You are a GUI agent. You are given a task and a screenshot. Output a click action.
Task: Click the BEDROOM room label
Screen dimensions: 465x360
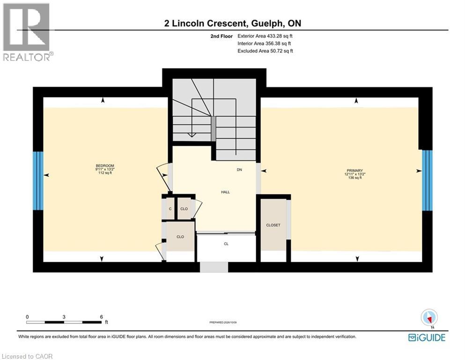(x=105, y=165)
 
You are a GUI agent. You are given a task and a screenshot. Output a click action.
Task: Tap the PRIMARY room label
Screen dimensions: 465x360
(x=354, y=170)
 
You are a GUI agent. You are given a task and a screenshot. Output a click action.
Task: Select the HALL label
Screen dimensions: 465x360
(x=225, y=192)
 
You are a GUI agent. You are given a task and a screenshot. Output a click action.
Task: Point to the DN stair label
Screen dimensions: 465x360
(x=239, y=170)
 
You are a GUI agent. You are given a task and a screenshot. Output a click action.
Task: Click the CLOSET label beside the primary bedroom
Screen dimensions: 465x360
(x=273, y=225)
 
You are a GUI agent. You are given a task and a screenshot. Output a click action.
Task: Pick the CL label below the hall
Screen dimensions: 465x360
(x=226, y=244)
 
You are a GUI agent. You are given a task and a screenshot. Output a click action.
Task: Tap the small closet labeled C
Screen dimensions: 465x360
(x=170, y=209)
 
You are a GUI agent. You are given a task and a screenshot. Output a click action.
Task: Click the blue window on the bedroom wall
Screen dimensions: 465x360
(x=38, y=181)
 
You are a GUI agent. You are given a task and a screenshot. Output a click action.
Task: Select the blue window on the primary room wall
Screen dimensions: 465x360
(x=427, y=180)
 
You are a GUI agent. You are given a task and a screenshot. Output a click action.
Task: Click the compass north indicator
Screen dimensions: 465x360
(x=429, y=318)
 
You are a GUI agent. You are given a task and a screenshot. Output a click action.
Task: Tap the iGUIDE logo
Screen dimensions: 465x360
(x=427, y=338)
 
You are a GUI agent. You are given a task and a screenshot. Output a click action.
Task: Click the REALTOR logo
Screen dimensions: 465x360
(x=27, y=32)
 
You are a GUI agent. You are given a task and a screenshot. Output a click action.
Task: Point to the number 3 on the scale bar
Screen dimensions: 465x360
(x=64, y=317)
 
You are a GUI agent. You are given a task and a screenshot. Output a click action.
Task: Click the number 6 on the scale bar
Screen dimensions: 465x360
(x=102, y=317)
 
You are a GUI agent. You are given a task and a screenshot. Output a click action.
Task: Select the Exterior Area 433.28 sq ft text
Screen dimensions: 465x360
(x=265, y=36)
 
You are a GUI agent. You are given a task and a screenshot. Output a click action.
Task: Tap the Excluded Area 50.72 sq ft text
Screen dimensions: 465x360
(x=265, y=51)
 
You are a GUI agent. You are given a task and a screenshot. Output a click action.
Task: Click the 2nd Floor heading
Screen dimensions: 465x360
(x=221, y=36)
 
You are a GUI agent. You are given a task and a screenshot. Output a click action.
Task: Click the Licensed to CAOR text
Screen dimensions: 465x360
(x=27, y=356)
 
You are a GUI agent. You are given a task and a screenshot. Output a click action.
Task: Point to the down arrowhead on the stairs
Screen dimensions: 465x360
(x=192, y=135)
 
